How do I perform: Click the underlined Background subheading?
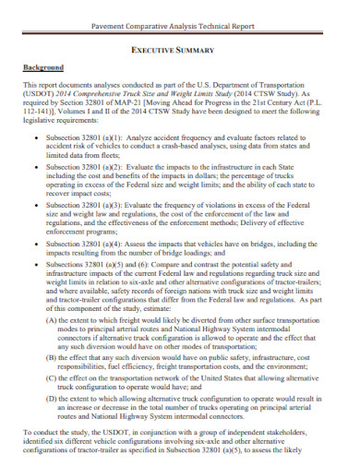coord(42,68)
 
